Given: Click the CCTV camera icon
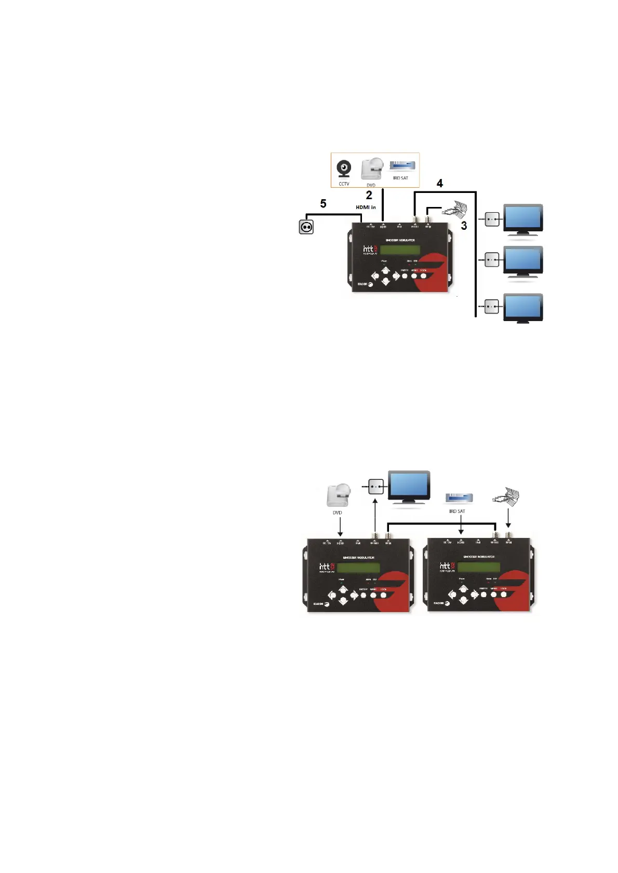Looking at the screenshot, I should click(343, 169).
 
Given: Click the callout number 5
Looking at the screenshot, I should click(323, 204).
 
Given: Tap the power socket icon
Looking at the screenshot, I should click(306, 227).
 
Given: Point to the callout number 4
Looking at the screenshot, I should click(440, 183).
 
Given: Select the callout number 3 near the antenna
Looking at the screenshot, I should click(464, 226).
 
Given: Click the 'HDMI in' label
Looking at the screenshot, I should click(366, 207).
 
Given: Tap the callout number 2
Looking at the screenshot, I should click(369, 195).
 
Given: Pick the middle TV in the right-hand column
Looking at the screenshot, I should click(523, 260).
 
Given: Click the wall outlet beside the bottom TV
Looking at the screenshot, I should click(492, 307).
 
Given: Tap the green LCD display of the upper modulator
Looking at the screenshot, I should click(400, 250).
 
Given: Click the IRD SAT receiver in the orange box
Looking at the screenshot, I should click(402, 166).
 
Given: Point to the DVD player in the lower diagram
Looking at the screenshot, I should click(339, 496).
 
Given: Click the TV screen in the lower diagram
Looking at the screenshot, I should click(409, 486).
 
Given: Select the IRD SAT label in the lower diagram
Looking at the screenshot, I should click(457, 511).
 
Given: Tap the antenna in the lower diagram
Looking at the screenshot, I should click(507, 496).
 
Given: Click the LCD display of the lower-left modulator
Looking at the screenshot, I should click(358, 567).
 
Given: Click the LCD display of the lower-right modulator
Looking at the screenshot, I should click(478, 567).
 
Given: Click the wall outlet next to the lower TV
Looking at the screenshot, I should click(376, 487).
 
